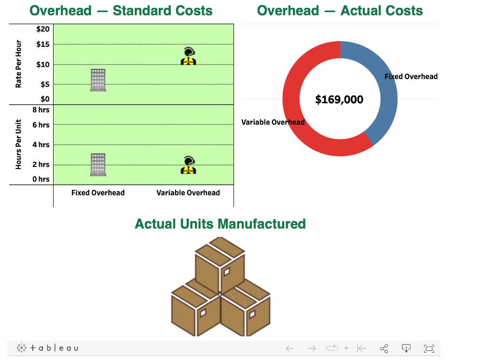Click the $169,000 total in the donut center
click(339, 99)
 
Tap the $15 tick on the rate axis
click(43, 44)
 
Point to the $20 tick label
click(43, 29)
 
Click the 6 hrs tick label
click(41, 125)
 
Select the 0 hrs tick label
click(41, 179)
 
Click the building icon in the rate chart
click(98, 80)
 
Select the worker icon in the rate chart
click(188, 56)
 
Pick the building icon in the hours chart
click(98, 165)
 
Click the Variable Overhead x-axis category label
click(188, 193)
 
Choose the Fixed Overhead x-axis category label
click(98, 193)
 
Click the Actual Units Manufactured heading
click(220, 224)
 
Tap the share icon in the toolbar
click(384, 348)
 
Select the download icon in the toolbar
click(406, 348)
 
